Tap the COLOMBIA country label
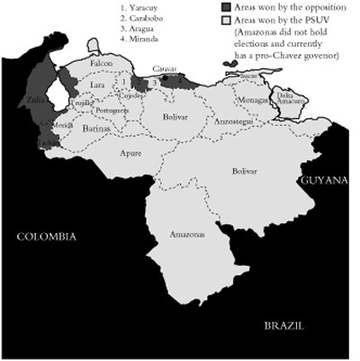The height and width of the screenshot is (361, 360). click(x=46, y=236)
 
